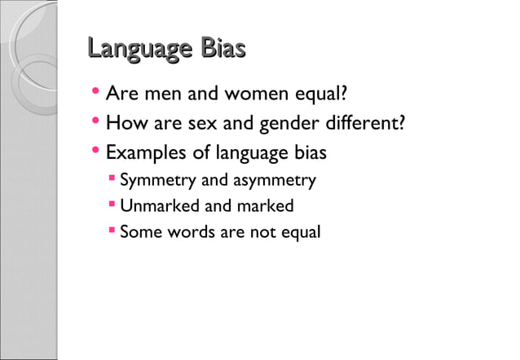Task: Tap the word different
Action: click(x=364, y=125)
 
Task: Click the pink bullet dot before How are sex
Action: click(x=96, y=123)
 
